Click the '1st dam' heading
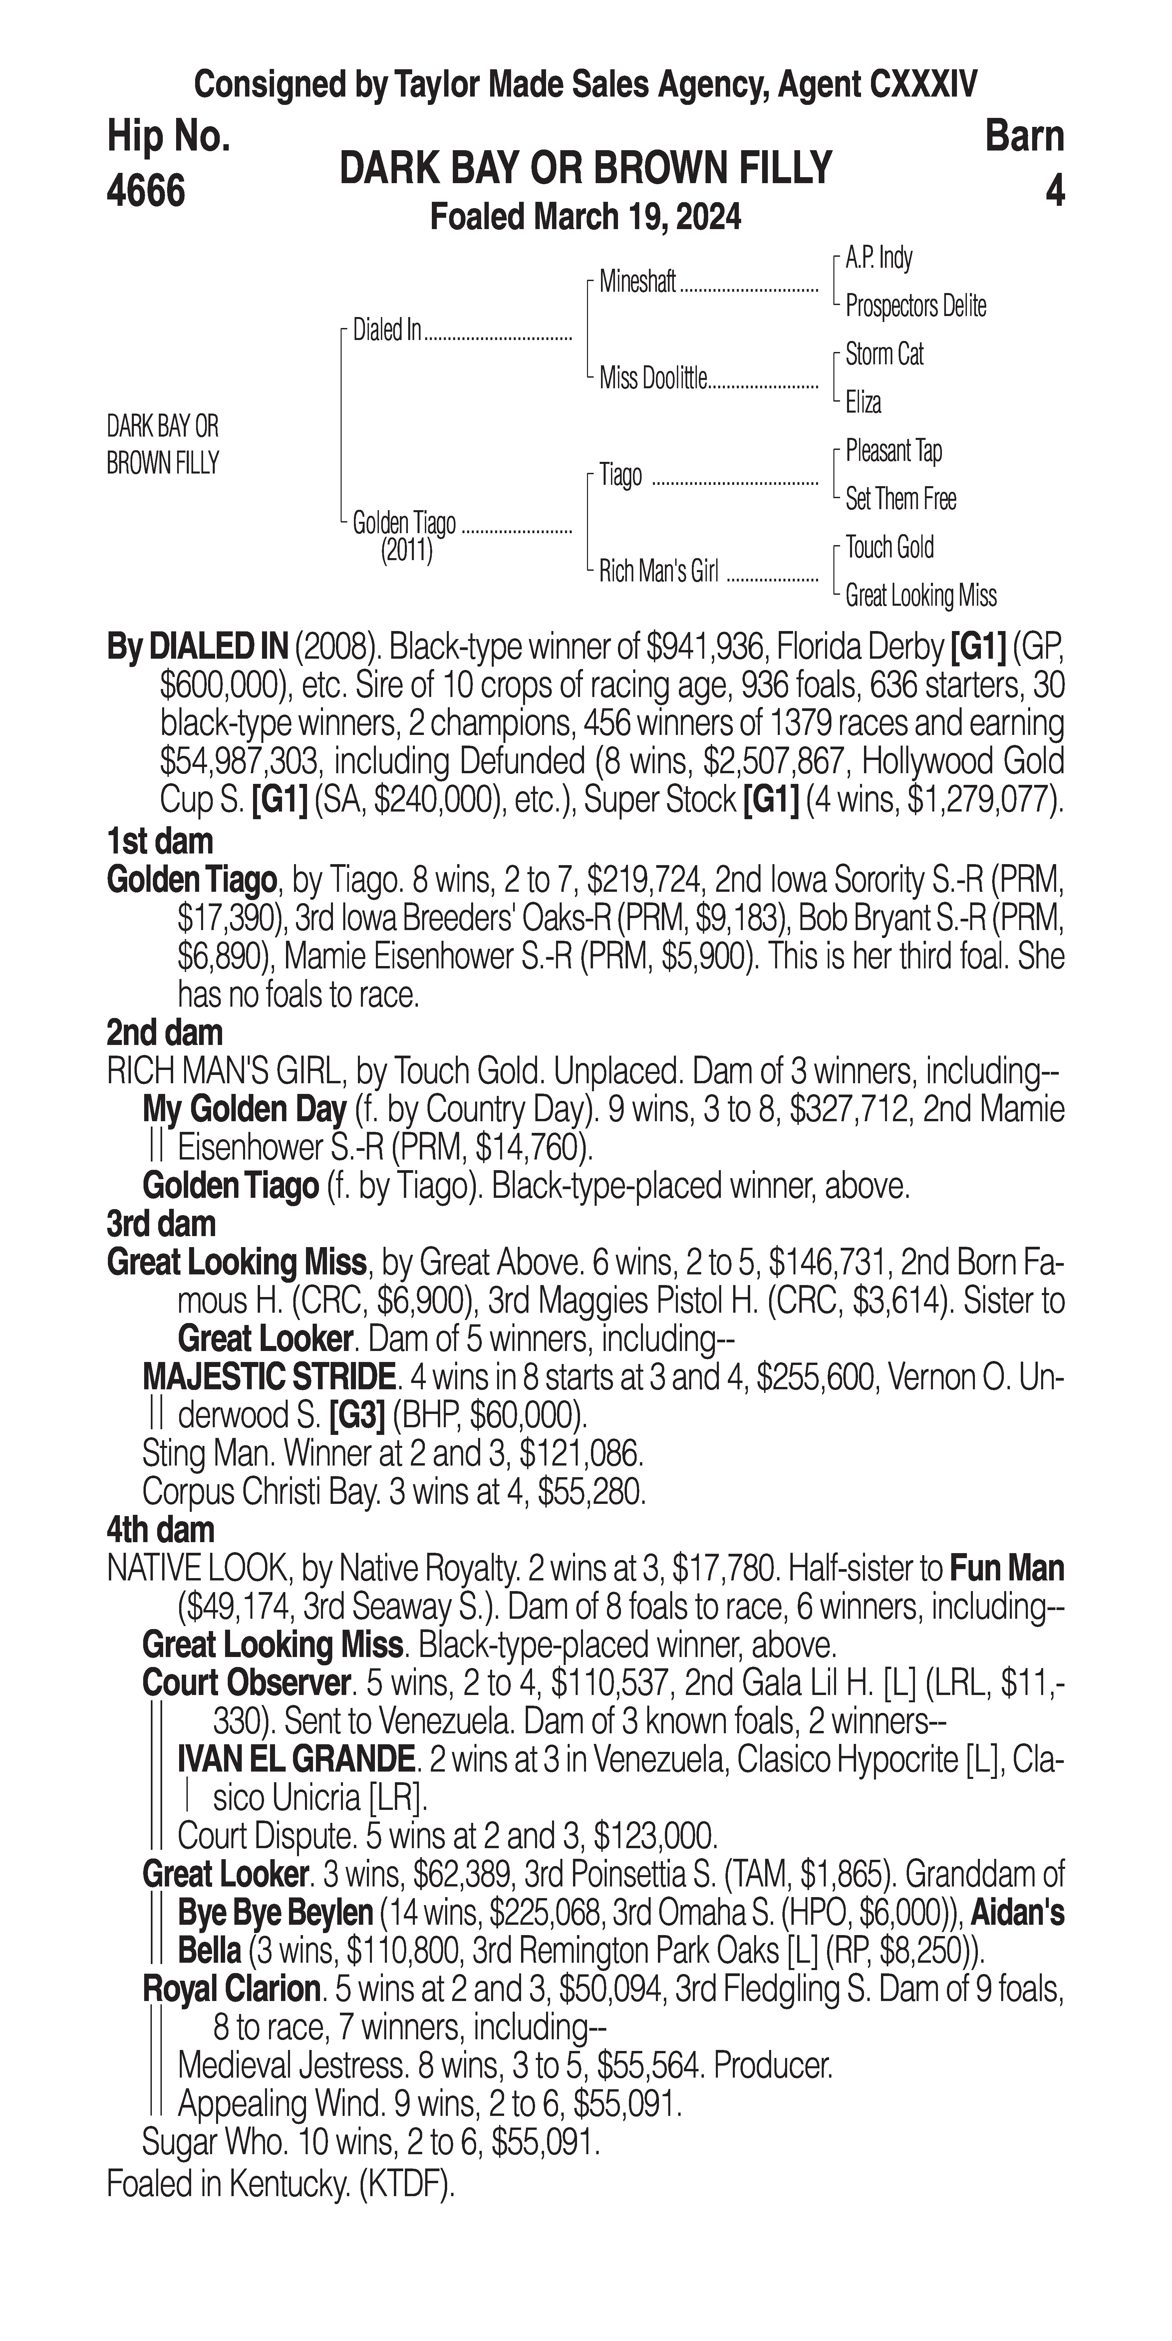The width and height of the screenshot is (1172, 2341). pyautogui.click(x=160, y=841)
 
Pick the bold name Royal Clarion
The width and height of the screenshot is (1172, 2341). pyautogui.click(x=231, y=1990)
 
